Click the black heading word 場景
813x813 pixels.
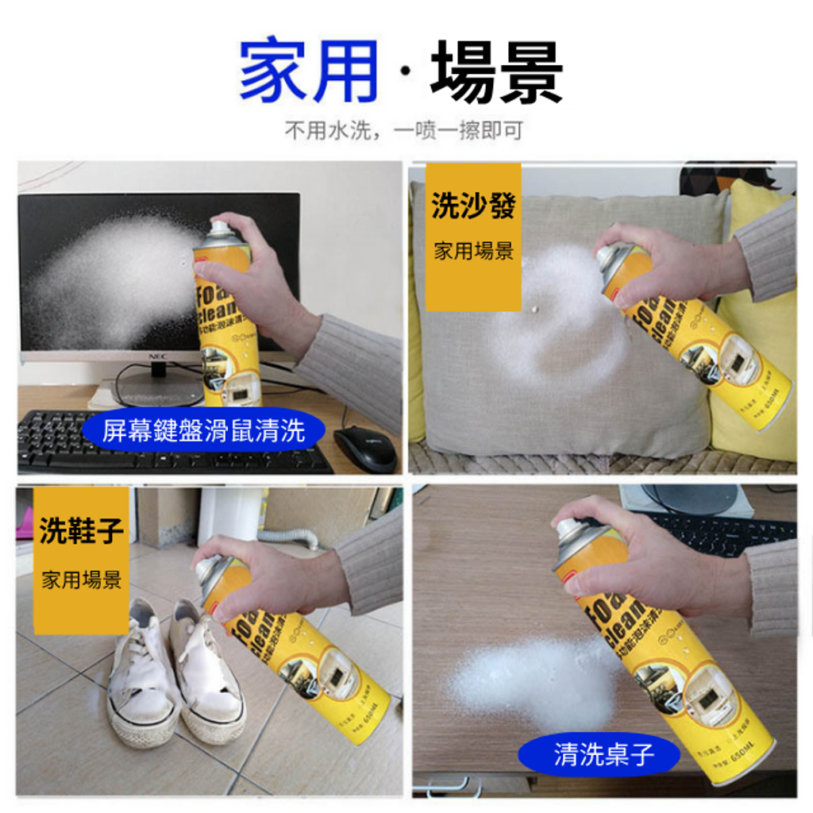(497, 71)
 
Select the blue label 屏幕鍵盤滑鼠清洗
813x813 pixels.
(203, 431)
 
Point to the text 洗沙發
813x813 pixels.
(473, 206)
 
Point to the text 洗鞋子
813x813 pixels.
(81, 531)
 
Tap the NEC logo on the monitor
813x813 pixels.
(157, 356)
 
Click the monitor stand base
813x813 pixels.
(159, 388)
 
